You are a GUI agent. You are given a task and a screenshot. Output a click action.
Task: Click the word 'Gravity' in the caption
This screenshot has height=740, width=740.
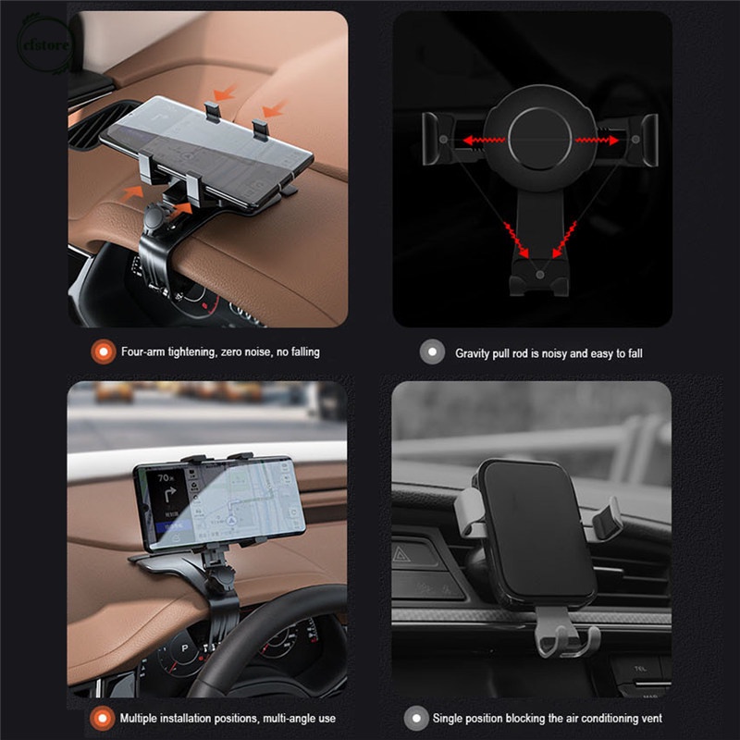(x=475, y=353)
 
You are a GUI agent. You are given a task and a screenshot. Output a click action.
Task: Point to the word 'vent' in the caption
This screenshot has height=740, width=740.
(x=649, y=718)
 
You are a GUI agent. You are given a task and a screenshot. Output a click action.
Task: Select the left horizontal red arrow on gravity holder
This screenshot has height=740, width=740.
(x=482, y=140)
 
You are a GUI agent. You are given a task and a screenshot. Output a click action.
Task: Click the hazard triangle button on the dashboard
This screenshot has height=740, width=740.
(x=404, y=555)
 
